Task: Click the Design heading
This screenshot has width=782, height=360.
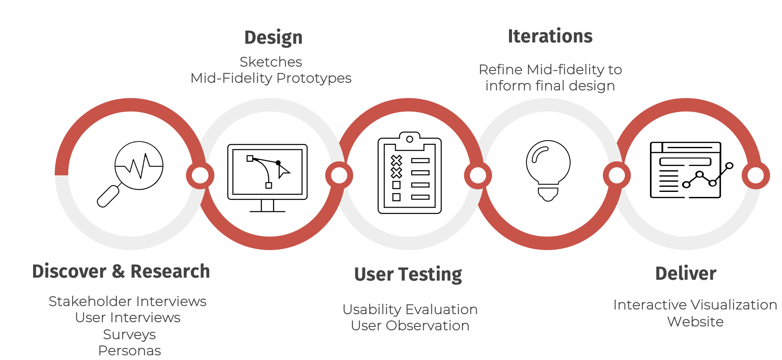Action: tap(273, 37)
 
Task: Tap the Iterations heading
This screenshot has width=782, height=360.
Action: tap(550, 36)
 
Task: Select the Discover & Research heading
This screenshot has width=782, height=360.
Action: tap(121, 271)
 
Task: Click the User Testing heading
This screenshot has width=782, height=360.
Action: tap(408, 274)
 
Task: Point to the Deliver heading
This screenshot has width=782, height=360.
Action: tap(686, 273)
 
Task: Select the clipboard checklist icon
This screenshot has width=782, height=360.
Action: tap(410, 172)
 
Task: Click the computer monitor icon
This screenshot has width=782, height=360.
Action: tap(267, 178)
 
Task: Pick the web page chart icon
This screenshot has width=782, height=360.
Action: tap(691, 170)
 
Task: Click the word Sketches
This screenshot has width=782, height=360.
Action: tap(271, 62)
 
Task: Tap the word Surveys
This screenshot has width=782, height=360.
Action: tap(129, 335)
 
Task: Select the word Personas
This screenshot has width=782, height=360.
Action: tap(129, 351)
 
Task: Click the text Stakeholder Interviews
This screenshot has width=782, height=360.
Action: tap(127, 301)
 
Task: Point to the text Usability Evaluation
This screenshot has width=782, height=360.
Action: tap(410, 309)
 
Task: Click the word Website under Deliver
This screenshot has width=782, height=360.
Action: tap(695, 322)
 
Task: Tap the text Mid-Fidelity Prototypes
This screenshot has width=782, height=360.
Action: tap(271, 78)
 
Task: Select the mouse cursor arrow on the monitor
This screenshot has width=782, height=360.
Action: tap(283, 171)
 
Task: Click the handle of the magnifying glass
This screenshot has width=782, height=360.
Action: tap(108, 197)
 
